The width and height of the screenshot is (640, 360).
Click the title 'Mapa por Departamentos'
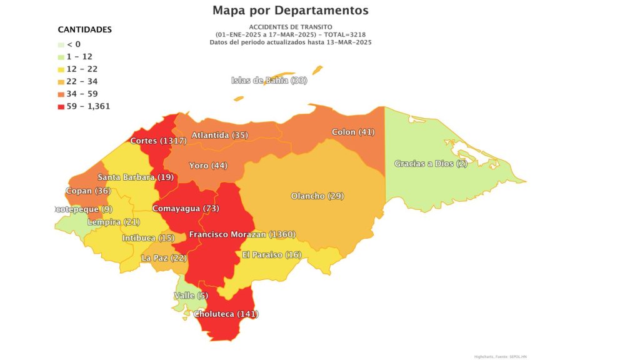point(290,11)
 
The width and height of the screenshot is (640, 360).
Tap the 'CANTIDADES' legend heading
point(84,29)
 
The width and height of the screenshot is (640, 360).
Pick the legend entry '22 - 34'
point(82,81)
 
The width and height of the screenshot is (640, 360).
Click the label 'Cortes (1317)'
point(159,141)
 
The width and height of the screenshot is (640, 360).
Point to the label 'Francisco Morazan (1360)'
point(242,234)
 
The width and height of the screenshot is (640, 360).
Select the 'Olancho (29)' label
point(317,196)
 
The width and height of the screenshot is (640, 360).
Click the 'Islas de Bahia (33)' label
point(269,80)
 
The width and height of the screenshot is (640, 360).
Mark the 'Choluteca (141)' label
point(226,314)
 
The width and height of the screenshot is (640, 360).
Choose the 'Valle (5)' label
point(191,296)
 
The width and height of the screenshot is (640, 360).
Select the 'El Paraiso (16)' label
point(272,255)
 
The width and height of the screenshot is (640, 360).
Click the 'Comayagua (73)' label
point(186,208)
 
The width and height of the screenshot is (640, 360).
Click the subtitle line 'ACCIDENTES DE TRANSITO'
point(290,26)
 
